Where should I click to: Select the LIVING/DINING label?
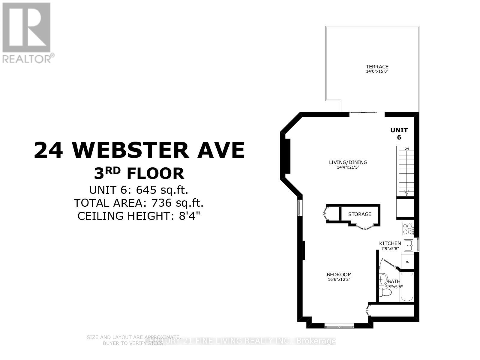[348, 162]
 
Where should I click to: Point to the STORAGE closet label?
[360, 214]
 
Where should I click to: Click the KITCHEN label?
[390, 243]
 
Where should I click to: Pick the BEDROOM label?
[339, 274]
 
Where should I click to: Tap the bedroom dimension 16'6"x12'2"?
[339, 279]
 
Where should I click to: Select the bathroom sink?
[383, 279]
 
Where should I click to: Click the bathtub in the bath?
[407, 287]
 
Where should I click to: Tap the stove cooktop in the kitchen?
[407, 229]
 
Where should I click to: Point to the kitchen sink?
[409, 245]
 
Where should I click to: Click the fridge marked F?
[407, 261]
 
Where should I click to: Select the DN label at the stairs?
[406, 148]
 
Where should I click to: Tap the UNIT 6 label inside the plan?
[399, 133]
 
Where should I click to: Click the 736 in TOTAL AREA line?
[162, 203]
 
